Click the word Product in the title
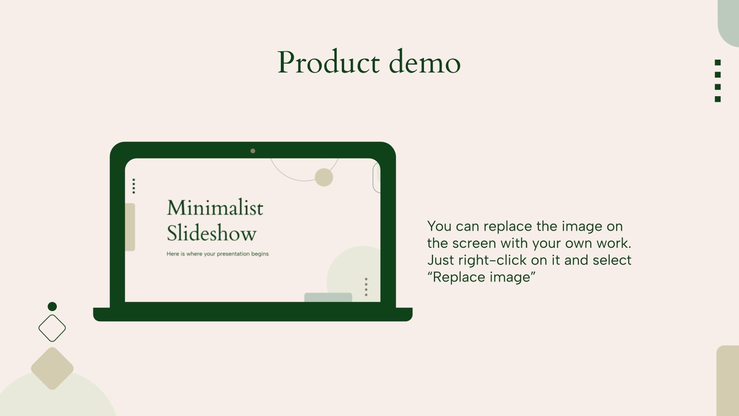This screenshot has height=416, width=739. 328,62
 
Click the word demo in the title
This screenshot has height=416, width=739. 424,62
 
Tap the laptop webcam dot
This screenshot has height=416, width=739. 253,151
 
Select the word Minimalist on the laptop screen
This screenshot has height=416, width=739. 215,208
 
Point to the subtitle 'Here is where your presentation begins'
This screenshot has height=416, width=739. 218,254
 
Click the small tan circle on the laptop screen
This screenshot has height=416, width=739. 324,177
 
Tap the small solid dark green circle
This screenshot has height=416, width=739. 52,306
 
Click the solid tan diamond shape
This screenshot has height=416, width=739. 52,368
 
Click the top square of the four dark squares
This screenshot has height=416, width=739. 718,63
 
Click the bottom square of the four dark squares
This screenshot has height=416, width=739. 718,99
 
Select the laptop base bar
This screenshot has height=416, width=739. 253,314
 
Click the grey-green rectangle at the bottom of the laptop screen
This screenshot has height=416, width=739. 328,297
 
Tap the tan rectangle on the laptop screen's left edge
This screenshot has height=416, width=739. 130,227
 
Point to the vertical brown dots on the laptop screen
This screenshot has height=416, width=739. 366,287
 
